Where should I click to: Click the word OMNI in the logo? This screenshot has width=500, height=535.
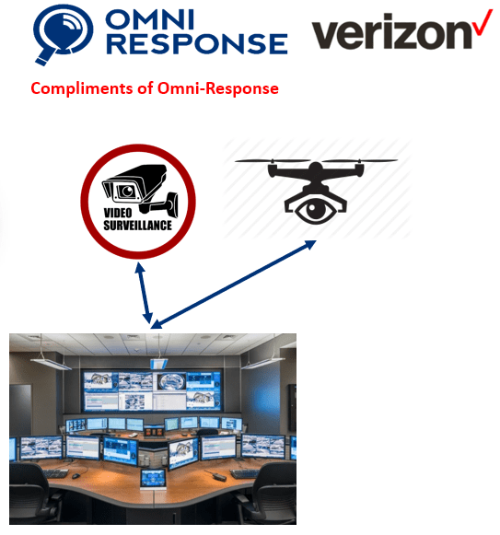[149, 18]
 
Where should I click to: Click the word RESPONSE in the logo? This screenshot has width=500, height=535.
[197, 43]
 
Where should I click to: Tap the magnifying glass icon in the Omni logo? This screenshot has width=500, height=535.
[63, 34]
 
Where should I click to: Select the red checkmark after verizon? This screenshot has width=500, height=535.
[483, 22]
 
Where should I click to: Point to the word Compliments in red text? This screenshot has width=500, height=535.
[82, 88]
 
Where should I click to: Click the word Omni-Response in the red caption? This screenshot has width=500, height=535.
[217, 88]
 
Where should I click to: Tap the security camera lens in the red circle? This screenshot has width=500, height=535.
[128, 191]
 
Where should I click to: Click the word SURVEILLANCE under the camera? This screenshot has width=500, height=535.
[137, 226]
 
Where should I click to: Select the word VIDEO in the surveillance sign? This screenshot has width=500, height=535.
[118, 213]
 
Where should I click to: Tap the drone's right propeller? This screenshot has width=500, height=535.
[359, 160]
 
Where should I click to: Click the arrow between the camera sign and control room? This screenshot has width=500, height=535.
[145, 293]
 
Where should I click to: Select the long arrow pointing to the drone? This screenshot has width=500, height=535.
[234, 285]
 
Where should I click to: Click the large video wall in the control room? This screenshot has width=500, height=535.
[152, 391]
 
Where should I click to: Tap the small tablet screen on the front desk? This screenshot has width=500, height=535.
[153, 478]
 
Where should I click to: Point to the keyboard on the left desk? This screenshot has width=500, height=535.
[54, 473]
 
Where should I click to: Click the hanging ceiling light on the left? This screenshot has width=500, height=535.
[51, 363]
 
